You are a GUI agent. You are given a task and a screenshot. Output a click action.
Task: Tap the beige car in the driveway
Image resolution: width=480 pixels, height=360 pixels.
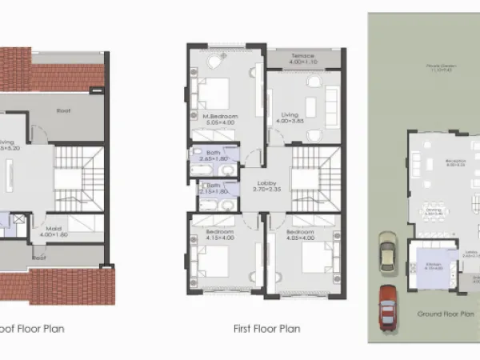coord(387,253)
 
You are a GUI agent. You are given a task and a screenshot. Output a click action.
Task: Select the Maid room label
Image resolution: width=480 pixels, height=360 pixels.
coord(52,228)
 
